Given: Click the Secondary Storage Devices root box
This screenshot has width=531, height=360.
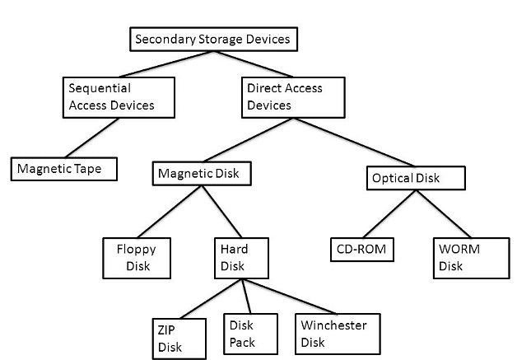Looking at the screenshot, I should pos(212,39).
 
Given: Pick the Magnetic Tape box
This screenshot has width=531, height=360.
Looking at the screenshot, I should pos(63,170).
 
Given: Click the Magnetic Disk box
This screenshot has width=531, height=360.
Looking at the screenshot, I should pos(202,174).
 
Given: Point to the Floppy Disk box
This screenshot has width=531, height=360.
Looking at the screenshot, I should pos(137,257).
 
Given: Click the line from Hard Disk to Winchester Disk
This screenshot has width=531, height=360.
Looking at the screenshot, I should pos(288,296).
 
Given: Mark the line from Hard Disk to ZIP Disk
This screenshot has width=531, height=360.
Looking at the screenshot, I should pos(209,298).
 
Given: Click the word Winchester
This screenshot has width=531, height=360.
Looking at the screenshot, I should pos(333,325).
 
